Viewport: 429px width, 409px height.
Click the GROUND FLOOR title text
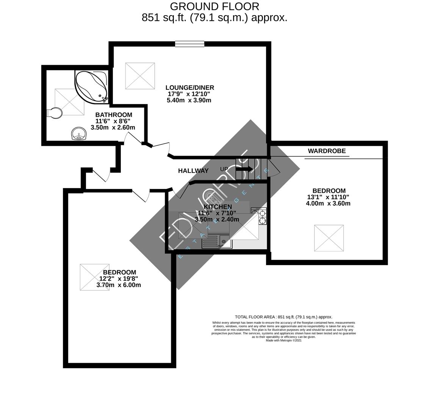(214, 6)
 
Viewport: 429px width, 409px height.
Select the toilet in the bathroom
(55, 112)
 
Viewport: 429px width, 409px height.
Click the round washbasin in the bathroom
(78, 133)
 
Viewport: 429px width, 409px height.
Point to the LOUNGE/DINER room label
(189, 87)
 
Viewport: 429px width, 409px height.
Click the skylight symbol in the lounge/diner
(140, 76)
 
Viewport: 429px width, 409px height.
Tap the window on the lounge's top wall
(189, 44)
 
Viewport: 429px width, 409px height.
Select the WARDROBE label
(327, 151)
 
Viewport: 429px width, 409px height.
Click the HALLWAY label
(193, 171)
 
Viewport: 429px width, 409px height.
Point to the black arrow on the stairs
(245, 169)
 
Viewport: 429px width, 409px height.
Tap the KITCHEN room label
(218, 207)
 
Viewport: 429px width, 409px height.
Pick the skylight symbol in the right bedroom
(329, 238)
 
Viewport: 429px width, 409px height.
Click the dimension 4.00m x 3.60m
(328, 203)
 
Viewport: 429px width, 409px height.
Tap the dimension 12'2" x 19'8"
(119, 278)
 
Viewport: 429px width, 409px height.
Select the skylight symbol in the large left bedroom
(94, 277)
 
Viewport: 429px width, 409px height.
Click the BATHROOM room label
(114, 115)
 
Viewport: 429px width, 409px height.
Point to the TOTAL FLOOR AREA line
(283, 317)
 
